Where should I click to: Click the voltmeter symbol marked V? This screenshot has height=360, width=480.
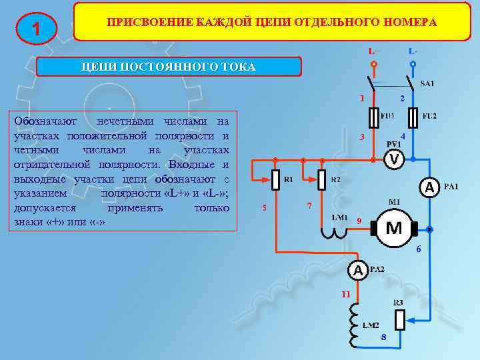[395, 160]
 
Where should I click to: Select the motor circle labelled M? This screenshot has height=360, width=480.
[394, 228]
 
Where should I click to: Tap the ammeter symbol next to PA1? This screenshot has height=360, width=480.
[430, 188]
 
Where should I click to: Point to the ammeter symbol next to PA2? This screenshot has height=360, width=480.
[358, 271]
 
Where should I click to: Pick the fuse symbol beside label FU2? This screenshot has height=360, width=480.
[413, 117]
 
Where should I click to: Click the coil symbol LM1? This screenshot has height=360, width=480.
[331, 231]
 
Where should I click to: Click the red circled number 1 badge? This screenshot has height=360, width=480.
[35, 29]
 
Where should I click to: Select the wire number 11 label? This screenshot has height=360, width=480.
[345, 294]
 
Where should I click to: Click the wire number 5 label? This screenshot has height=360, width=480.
[264, 207]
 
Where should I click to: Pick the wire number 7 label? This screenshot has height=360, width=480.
[309, 204]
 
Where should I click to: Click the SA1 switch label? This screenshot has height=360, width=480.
[427, 83]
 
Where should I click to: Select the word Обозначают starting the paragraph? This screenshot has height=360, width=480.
[45, 121]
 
